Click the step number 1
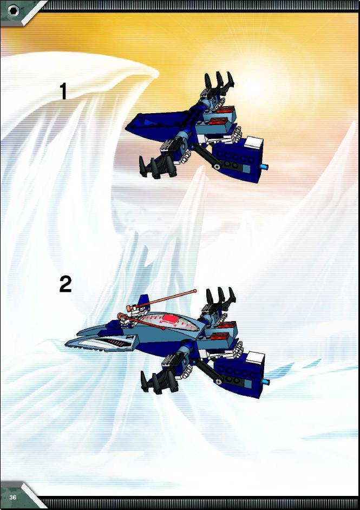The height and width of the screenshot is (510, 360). coord(63,91)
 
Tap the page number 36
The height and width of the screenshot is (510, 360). coord(13,498)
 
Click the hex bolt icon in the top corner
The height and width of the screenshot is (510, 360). coord(14,11)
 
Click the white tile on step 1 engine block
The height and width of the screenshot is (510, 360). coord(254,143)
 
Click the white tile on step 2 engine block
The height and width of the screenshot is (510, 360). coord(256,358)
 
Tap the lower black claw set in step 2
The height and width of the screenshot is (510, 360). coord(158,381)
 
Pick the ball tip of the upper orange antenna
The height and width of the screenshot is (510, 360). coord(195,291)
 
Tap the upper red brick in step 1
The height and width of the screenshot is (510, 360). coord(224,110)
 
